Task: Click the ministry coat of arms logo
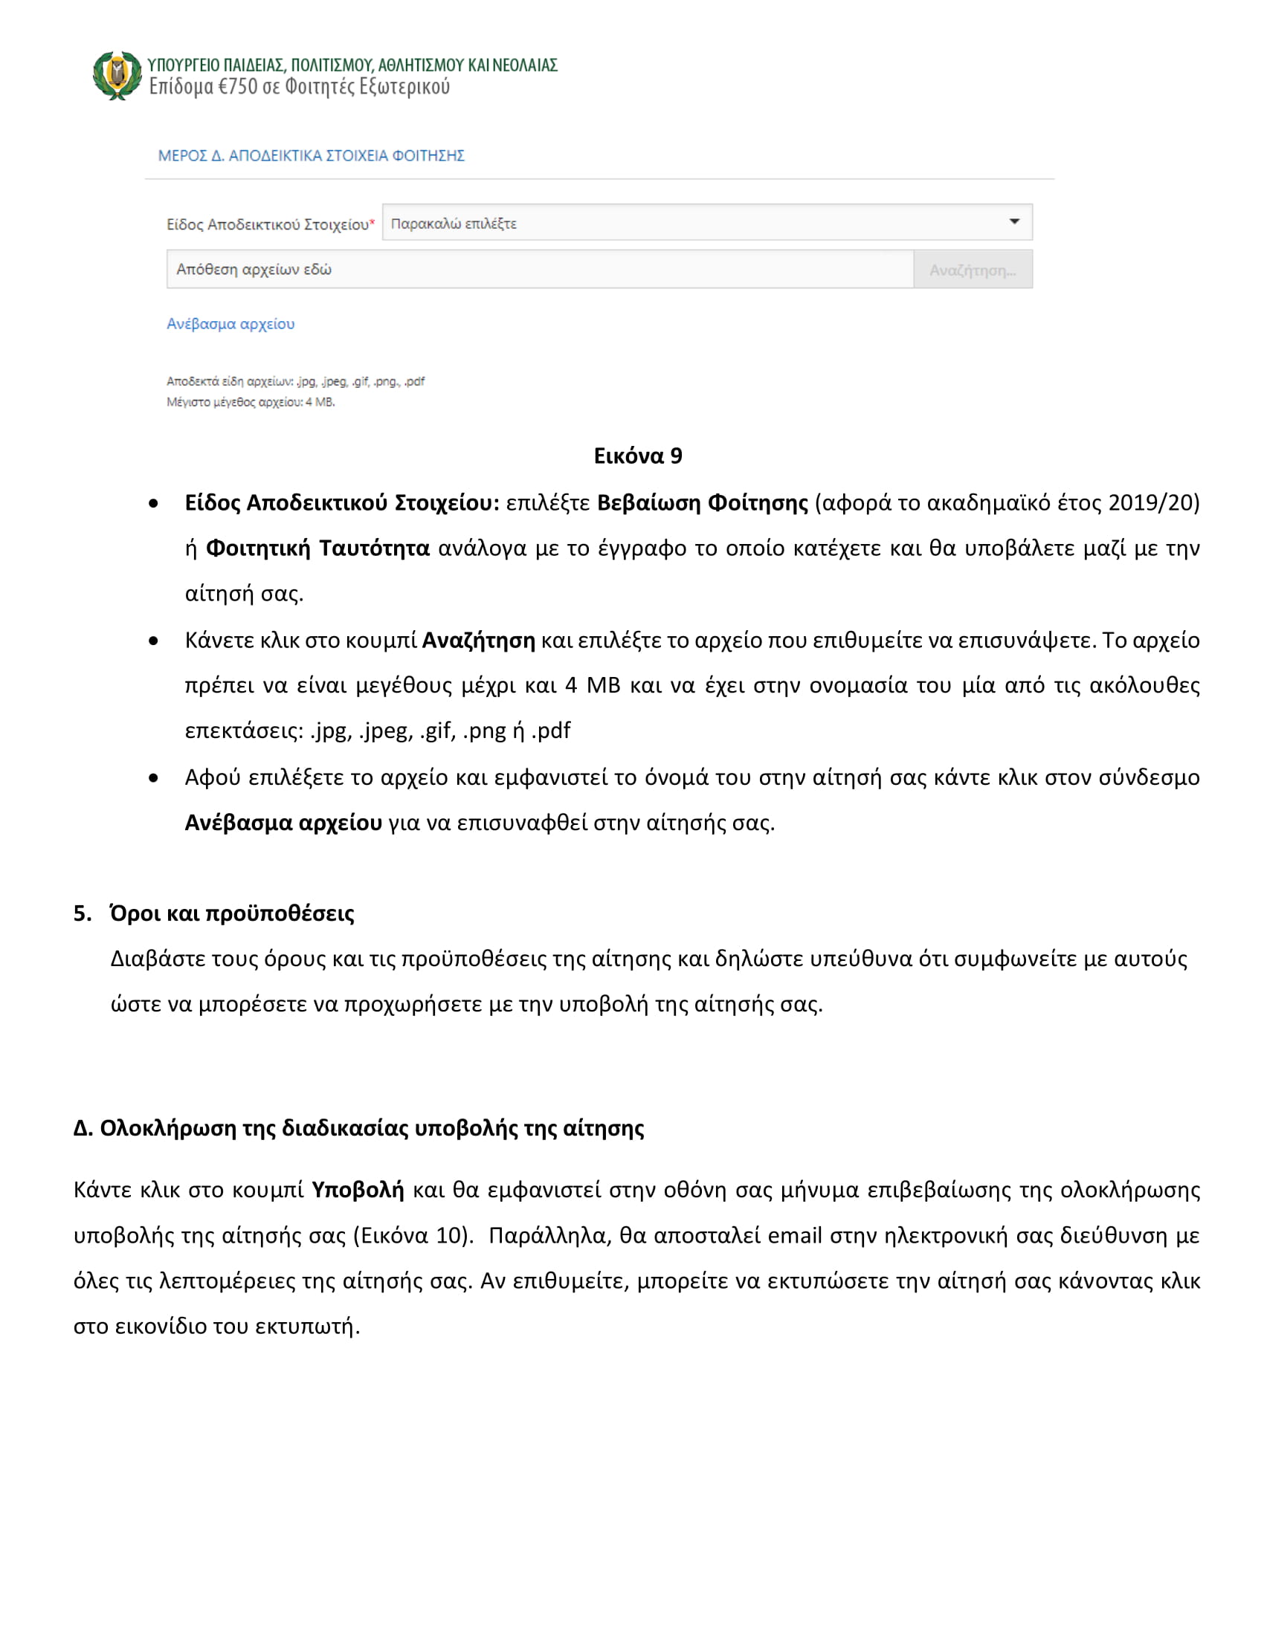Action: [x=117, y=75]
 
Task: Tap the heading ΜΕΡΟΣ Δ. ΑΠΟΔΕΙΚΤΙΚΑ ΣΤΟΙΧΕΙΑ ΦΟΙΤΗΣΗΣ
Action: [x=311, y=156]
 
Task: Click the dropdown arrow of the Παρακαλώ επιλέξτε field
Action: [x=1014, y=221]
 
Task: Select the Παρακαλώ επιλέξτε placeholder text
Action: [x=454, y=224]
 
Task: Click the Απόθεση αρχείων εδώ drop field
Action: [x=539, y=270]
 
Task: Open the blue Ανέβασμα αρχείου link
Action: [x=230, y=324]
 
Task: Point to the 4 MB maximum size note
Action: [x=250, y=402]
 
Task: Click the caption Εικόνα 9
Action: [x=638, y=456]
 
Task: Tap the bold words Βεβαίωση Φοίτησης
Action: [x=703, y=502]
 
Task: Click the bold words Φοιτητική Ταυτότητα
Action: [x=317, y=548]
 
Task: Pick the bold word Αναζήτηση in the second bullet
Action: [x=479, y=640]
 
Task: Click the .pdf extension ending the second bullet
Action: [x=551, y=731]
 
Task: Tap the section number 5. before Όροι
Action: [x=83, y=913]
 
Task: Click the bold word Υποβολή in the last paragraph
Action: [x=357, y=1190]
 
